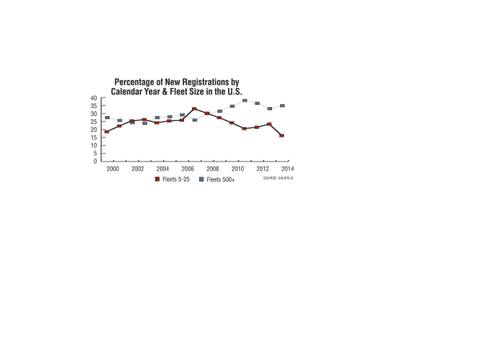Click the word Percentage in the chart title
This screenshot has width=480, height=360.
pos(137,82)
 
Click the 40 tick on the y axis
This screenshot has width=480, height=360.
pos(94,98)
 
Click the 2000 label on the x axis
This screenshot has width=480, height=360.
pos(113,170)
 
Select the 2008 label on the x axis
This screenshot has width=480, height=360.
pos(213,170)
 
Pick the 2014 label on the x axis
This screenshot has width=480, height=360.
pos(287,170)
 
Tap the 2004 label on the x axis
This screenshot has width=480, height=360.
pos(162,170)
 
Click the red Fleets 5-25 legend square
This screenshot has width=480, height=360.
pos(158,180)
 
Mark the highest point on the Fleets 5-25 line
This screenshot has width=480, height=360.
pos(194,109)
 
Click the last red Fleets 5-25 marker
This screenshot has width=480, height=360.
pos(282,135)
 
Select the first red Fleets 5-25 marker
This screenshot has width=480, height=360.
pos(106,131)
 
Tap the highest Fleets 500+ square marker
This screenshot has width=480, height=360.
pos(245,101)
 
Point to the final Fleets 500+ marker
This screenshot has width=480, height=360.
pos(282,106)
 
